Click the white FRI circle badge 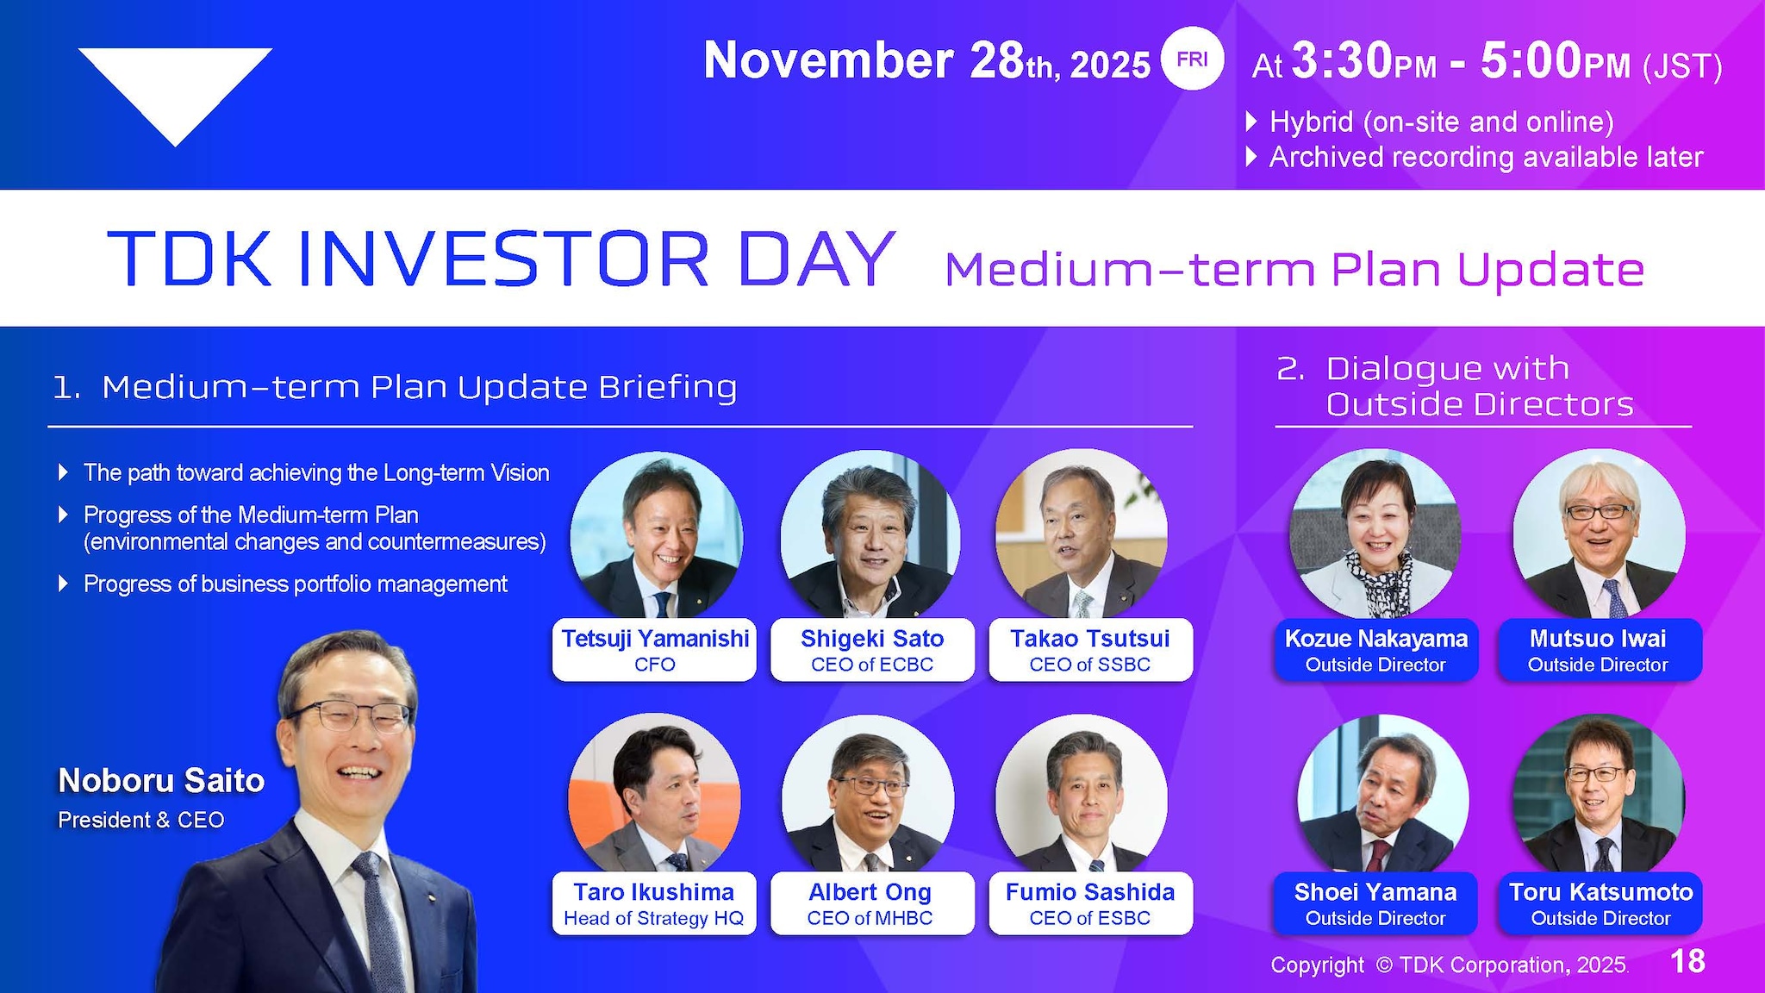(x=1192, y=59)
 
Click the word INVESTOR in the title (x=503, y=259)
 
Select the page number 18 (x=1687, y=961)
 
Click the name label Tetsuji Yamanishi (x=655, y=639)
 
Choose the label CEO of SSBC (x=1089, y=665)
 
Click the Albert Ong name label (x=870, y=892)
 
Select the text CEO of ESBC (x=1089, y=918)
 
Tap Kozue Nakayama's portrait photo (x=1375, y=534)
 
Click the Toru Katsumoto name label (x=1600, y=892)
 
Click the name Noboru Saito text (x=161, y=780)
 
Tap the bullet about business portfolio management (x=295, y=584)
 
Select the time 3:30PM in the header (x=1364, y=62)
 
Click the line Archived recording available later (x=1486, y=157)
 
